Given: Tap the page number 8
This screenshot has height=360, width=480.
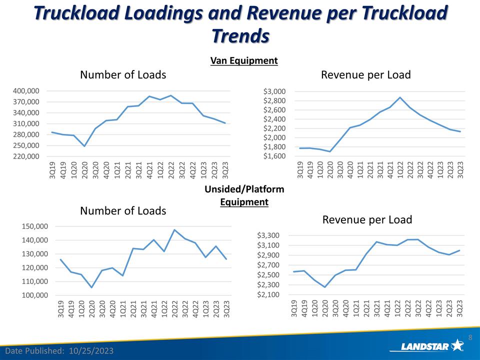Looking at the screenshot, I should click(470, 337).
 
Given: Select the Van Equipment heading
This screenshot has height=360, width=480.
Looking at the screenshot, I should click(244, 60).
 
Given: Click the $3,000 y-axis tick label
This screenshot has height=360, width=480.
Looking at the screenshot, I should click(274, 91).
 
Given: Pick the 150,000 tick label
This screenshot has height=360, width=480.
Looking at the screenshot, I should click(34, 226).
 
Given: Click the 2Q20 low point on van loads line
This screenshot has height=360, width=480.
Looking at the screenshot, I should click(84, 146).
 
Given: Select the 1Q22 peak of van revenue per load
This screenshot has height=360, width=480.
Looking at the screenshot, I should click(400, 97).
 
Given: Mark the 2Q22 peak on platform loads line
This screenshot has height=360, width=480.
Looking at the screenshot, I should click(174, 230).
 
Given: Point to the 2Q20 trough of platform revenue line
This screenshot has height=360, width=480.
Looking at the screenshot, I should click(325, 287).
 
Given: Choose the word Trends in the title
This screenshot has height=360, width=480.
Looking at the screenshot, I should click(240, 35).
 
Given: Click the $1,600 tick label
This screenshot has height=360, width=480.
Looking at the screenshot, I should click(274, 156).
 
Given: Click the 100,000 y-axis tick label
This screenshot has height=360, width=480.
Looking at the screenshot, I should click(34, 295).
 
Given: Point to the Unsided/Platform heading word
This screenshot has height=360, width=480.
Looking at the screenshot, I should click(244, 189).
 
